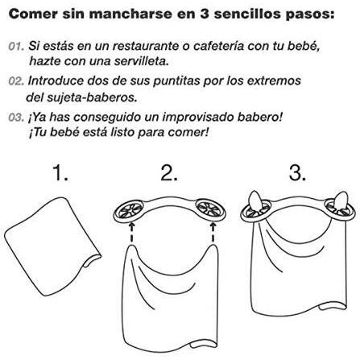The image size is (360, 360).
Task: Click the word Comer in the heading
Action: pyautogui.click(x=33, y=14)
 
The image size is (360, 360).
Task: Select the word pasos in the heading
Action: pyautogui.click(x=310, y=14)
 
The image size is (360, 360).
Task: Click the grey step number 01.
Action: pyautogui.click(x=16, y=46)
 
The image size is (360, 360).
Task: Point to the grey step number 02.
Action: pyautogui.click(x=16, y=81)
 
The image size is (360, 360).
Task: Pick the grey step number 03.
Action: pyautogui.click(x=16, y=118)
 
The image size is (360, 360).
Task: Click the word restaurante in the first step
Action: pyautogui.click(x=146, y=46)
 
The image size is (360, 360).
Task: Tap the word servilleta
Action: pyautogui.click(x=142, y=61)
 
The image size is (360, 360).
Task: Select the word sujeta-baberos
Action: pyautogui.click(x=92, y=97)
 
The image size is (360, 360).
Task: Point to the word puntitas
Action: pyautogui.click(x=176, y=81)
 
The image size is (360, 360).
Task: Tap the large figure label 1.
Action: pyautogui.click(x=60, y=173)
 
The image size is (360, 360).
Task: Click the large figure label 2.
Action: pyautogui.click(x=169, y=173)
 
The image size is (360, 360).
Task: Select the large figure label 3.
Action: pyautogui.click(x=297, y=173)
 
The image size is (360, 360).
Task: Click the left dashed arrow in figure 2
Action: pyautogui.click(x=131, y=233)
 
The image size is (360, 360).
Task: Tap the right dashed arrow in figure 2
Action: pyautogui.click(x=213, y=233)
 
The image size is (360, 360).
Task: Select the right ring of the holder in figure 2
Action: pyautogui.click(x=224, y=212)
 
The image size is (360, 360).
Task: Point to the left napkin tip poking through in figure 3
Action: pyautogui.click(x=254, y=199)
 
